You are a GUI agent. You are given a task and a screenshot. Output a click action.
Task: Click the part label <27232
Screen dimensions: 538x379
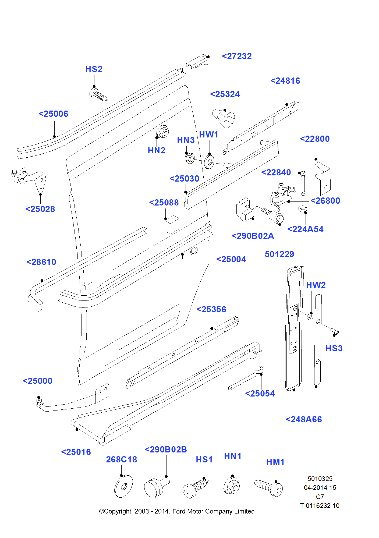tap(237, 56)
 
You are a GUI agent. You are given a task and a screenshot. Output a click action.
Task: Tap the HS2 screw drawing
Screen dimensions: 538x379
tap(98, 95)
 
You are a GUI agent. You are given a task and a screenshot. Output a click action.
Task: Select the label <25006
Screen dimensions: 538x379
tap(53, 114)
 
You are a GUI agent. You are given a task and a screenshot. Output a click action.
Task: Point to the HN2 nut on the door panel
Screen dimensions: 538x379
tap(162, 132)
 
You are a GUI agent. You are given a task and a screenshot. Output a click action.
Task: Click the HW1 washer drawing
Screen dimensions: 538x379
tap(209, 162)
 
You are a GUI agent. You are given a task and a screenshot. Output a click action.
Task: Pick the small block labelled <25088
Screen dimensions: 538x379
tap(172, 224)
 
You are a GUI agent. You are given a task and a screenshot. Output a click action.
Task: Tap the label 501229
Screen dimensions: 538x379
tap(279, 254)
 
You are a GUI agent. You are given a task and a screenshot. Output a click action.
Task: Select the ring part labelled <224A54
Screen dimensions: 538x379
tap(303, 208)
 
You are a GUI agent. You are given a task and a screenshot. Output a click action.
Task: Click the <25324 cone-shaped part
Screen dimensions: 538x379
tap(224, 118)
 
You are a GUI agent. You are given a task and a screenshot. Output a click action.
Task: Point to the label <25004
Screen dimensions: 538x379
tap(231, 259)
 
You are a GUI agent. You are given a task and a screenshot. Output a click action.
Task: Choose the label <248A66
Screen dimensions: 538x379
tap(304, 419)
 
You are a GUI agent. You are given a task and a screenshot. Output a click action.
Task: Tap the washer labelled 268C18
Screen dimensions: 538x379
tap(123, 486)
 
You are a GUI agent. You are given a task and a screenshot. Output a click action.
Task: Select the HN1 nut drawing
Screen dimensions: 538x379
tap(232, 486)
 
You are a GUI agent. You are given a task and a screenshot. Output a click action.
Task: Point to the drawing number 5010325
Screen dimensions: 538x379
tap(320, 479)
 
